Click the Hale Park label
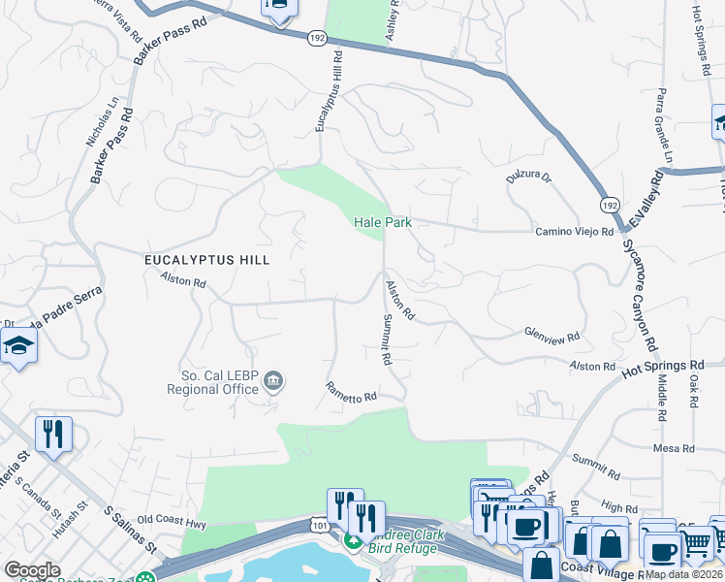(383, 222)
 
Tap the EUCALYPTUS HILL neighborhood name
(206, 260)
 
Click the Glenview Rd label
(552, 336)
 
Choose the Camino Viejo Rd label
(575, 232)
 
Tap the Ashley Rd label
(393, 17)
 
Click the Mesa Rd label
(675, 448)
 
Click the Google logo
(32, 570)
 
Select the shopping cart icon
(696, 544)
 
